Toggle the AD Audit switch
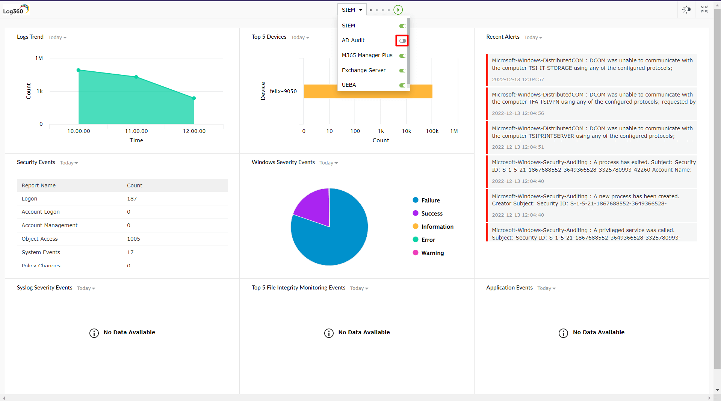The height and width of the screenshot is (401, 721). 402,41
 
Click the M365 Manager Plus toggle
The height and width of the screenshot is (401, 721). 402,56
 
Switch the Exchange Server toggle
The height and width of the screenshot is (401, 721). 402,71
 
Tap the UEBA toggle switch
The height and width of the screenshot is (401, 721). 402,85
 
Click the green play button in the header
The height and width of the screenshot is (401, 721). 398,10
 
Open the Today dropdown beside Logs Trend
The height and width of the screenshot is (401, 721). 57,38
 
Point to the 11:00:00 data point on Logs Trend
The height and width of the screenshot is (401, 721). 136,77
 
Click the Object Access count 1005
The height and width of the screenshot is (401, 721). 133,239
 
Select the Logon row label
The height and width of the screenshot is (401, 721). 29,199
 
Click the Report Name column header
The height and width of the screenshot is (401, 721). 39,185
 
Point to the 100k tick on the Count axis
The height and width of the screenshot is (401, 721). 432,131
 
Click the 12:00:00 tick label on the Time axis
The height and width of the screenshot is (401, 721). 194,131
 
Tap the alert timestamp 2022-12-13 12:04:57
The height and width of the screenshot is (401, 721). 518,80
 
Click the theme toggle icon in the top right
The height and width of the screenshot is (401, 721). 686,10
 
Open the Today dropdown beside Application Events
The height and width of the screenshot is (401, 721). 546,288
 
